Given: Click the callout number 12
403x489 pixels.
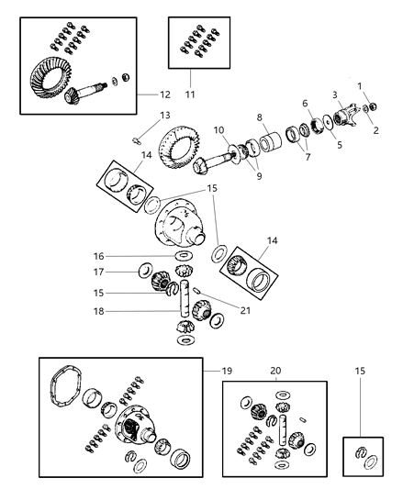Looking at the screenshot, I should [x=164, y=94].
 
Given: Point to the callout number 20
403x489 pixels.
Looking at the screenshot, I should [x=275, y=370].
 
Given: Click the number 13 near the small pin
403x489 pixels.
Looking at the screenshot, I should [x=164, y=115].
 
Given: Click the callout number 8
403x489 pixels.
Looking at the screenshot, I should [x=260, y=117].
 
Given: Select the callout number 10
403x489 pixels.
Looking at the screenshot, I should [x=218, y=129].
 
